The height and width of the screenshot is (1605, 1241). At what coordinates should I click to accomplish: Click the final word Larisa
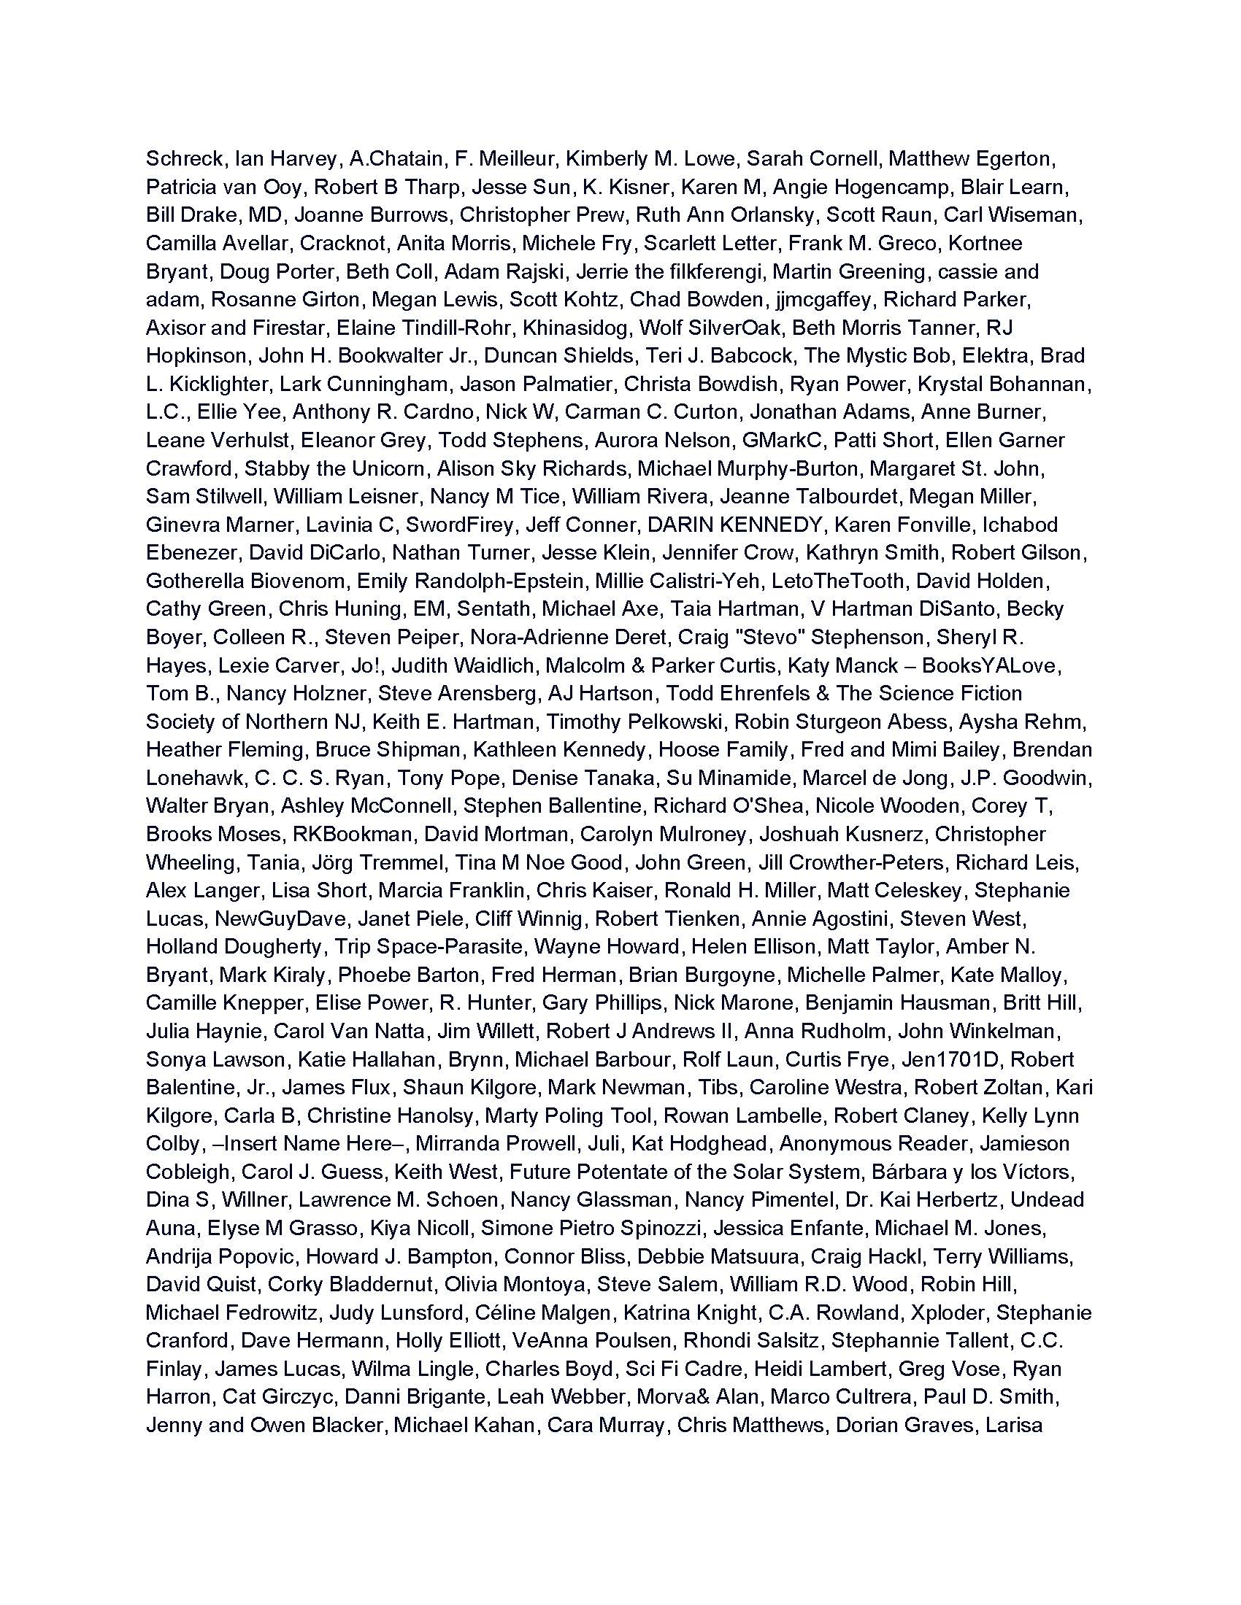click(x=1014, y=1425)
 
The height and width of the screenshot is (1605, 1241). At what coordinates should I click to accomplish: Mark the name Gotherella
click(x=194, y=581)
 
